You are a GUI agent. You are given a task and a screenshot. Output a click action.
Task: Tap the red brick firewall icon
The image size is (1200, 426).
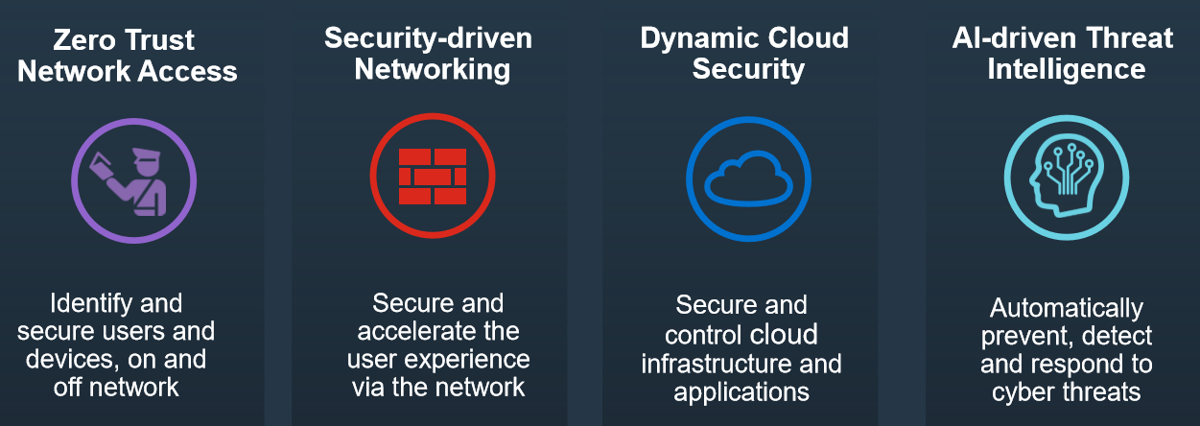click(432, 177)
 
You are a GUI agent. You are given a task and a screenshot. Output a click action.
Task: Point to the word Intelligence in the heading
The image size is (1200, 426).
click(1066, 69)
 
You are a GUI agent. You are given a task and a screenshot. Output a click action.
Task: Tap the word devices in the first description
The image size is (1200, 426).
click(86, 360)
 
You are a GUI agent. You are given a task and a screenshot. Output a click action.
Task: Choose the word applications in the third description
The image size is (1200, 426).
click(741, 392)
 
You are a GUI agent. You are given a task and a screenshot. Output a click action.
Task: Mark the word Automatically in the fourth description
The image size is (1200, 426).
click(1066, 309)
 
